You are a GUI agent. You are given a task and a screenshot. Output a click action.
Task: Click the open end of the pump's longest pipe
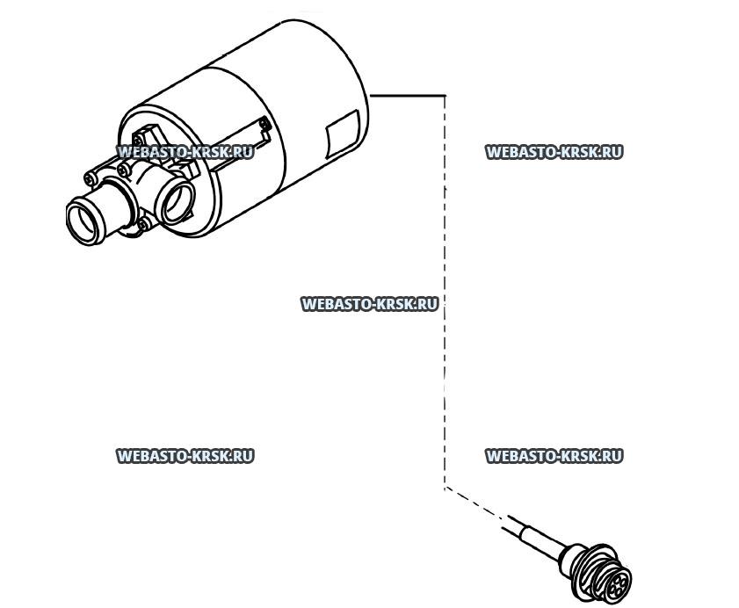tap(85, 221)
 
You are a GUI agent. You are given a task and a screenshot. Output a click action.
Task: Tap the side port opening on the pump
tap(178, 203)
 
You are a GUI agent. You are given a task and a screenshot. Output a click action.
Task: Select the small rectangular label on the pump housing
tap(343, 134)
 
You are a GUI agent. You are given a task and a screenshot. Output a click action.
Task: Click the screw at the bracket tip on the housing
tap(264, 125)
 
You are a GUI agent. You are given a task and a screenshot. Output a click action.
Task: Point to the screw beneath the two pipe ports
tap(144, 223)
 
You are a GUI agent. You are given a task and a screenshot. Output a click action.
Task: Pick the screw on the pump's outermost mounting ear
tap(91, 178)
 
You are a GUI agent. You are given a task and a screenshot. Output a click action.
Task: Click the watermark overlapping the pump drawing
tap(185, 152)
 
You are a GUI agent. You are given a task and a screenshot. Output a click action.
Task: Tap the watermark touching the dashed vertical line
tap(369, 304)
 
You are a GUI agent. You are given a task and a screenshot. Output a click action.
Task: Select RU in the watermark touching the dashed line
tap(429, 304)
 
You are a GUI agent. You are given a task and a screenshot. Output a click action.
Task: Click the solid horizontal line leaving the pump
tap(408, 96)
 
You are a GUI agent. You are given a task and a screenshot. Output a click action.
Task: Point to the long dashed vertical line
tap(445, 293)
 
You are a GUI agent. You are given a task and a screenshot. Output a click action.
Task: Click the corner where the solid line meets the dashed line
tap(445, 96)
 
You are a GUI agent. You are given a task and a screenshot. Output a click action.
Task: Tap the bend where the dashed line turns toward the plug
tap(445, 489)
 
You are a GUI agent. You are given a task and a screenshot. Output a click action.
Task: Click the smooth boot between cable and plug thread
tap(571, 558)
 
